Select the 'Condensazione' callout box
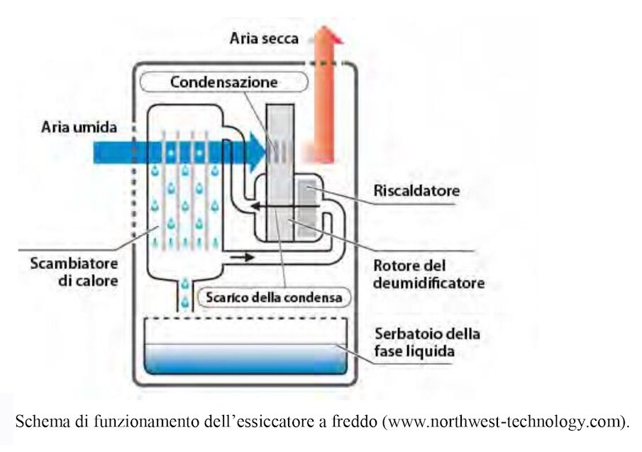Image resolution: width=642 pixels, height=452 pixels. click(223, 82)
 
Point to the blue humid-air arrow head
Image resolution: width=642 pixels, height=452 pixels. click(257, 151)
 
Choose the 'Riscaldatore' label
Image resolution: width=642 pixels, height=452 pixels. click(416, 191)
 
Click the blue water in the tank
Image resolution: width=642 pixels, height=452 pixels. click(245, 358)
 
